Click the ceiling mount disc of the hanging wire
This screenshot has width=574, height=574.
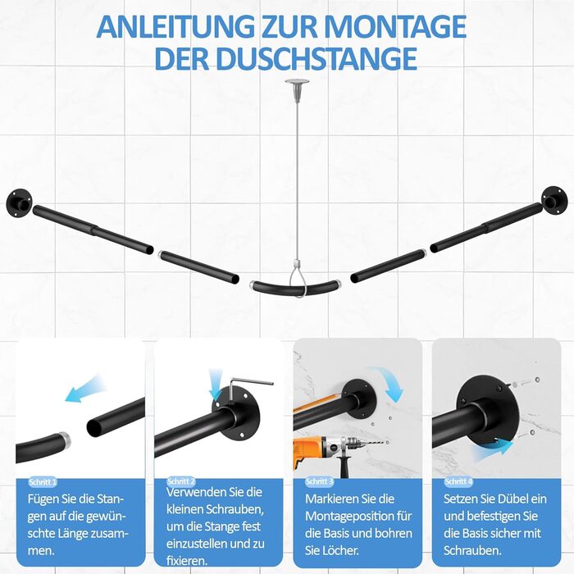(297, 80)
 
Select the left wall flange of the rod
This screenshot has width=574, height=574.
(20, 202)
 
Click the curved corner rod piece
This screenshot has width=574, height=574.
(295, 289)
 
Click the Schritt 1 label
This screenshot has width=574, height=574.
(43, 482)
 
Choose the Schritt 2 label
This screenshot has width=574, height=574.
(181, 481)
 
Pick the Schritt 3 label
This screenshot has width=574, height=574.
(320, 482)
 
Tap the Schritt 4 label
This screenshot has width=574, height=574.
(458, 482)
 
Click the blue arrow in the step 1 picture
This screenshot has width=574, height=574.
(85, 389)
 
